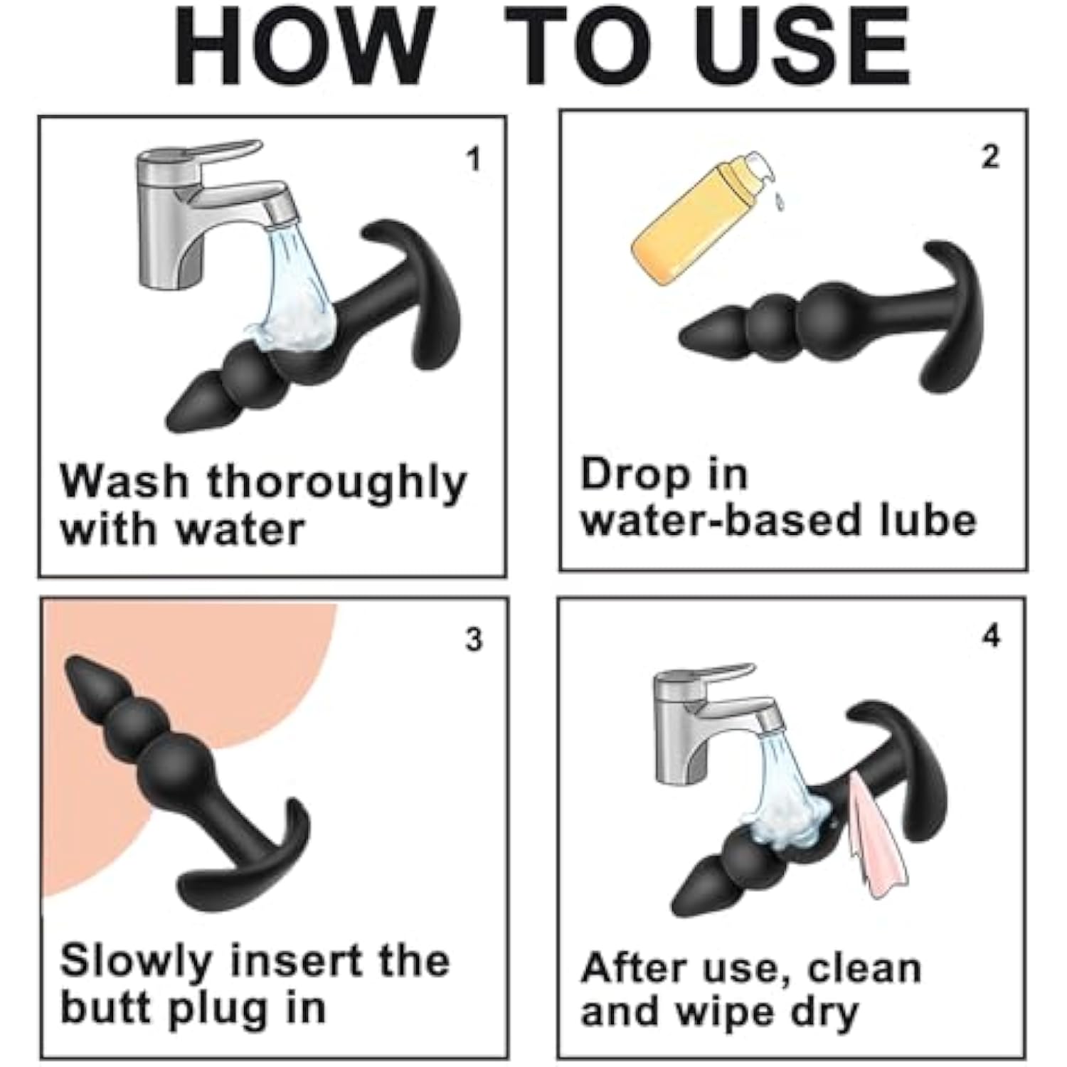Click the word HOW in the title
click(304, 46)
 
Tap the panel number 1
click(473, 159)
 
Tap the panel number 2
click(990, 156)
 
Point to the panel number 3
click(474, 639)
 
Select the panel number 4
click(991, 635)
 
